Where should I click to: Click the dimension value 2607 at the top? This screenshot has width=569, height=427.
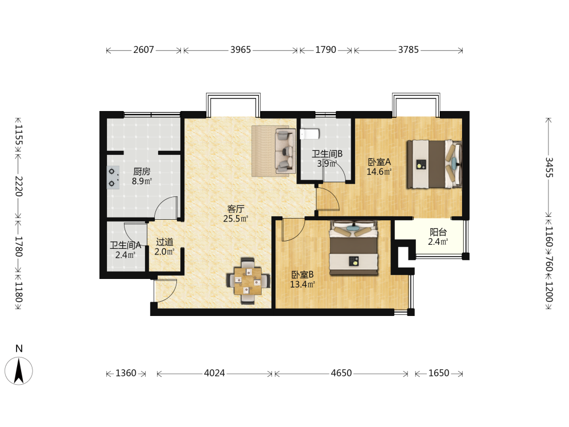144,50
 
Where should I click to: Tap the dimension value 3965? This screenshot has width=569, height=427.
241,50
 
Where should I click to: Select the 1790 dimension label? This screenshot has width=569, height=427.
325,50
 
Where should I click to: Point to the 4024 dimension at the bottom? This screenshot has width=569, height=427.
215,373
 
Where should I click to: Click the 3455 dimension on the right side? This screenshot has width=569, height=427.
549,167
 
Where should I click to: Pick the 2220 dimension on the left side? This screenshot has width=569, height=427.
19,186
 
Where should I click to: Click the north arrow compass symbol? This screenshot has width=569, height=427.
19,371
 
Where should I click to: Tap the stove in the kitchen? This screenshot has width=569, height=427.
113,178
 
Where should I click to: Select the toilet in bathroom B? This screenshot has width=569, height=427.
310,134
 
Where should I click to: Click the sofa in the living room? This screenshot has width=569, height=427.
284,150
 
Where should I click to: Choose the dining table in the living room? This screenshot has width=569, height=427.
248,281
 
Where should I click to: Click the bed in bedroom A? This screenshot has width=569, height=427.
434,164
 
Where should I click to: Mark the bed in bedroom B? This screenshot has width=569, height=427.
354,248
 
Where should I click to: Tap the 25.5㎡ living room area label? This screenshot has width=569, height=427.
236,219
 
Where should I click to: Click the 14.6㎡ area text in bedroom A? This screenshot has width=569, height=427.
379,172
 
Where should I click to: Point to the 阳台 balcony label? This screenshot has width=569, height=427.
438,232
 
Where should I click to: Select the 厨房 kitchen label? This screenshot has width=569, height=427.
142,171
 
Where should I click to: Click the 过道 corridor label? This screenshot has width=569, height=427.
164,242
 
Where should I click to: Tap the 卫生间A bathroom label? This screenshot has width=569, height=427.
126,245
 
